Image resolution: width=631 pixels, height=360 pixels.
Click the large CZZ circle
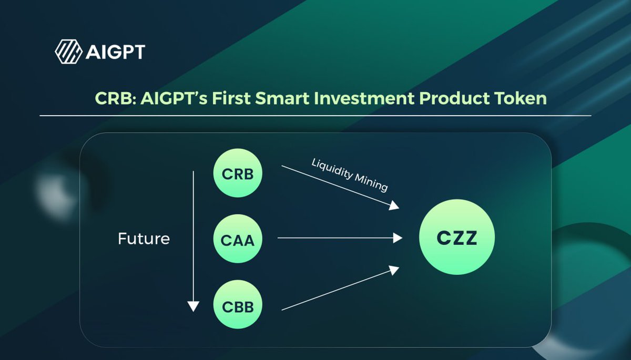point(456,238)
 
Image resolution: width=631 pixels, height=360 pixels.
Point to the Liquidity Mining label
point(350,176)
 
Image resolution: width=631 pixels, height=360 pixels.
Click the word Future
point(144,239)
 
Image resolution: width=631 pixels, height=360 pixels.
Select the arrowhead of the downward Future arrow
point(194,305)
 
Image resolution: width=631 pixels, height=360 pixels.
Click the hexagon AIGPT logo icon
point(68,52)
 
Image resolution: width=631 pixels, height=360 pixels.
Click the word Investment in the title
point(362,98)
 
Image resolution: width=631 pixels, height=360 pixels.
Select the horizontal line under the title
point(315,116)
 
